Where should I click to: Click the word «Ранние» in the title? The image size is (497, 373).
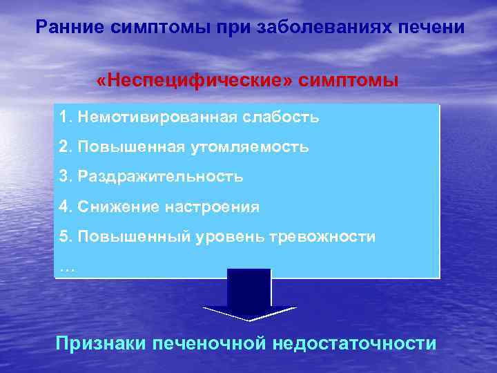(68, 28)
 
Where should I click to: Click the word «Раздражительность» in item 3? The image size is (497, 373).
(160, 177)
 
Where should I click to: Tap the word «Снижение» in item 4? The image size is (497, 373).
(114, 207)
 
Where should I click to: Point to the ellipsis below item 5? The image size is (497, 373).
(67, 267)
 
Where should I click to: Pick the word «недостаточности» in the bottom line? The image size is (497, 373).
(355, 343)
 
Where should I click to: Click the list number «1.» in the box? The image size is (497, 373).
(66, 117)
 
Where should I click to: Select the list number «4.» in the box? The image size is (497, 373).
(66, 207)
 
